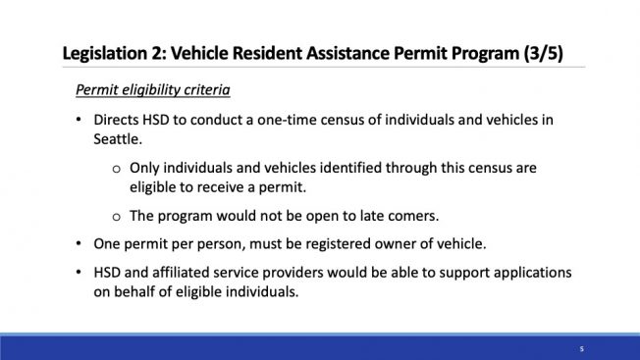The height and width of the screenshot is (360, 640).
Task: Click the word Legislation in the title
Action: click(104, 54)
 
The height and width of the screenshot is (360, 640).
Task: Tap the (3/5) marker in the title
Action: click(544, 53)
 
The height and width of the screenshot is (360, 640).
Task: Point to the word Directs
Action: click(116, 120)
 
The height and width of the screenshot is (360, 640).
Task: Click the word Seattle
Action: click(118, 139)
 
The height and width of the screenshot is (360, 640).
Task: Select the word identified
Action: click(350, 168)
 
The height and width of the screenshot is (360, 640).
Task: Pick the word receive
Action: click(221, 187)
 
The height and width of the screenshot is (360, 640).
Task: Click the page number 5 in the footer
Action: click(582, 349)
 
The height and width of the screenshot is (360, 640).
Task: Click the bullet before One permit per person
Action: click(79, 244)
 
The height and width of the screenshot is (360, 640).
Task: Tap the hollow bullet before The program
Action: click(117, 217)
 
